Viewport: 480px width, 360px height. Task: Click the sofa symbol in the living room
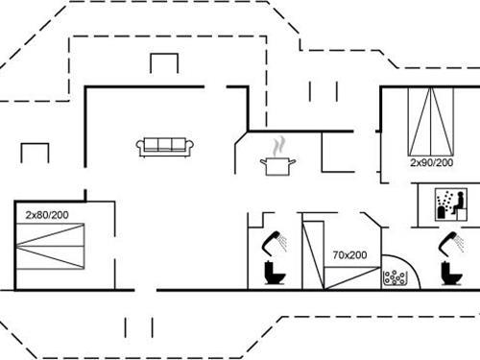click(165, 147)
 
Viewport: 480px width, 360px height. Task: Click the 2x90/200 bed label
click(431, 163)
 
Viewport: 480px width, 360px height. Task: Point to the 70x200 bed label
click(350, 255)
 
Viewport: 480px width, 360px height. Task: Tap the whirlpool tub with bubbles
click(395, 279)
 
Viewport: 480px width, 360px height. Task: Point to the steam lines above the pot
click(278, 146)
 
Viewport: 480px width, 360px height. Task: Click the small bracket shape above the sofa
click(164, 62)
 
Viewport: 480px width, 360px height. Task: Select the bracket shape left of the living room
click(35, 152)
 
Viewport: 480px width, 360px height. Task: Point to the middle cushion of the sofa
click(165, 145)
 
